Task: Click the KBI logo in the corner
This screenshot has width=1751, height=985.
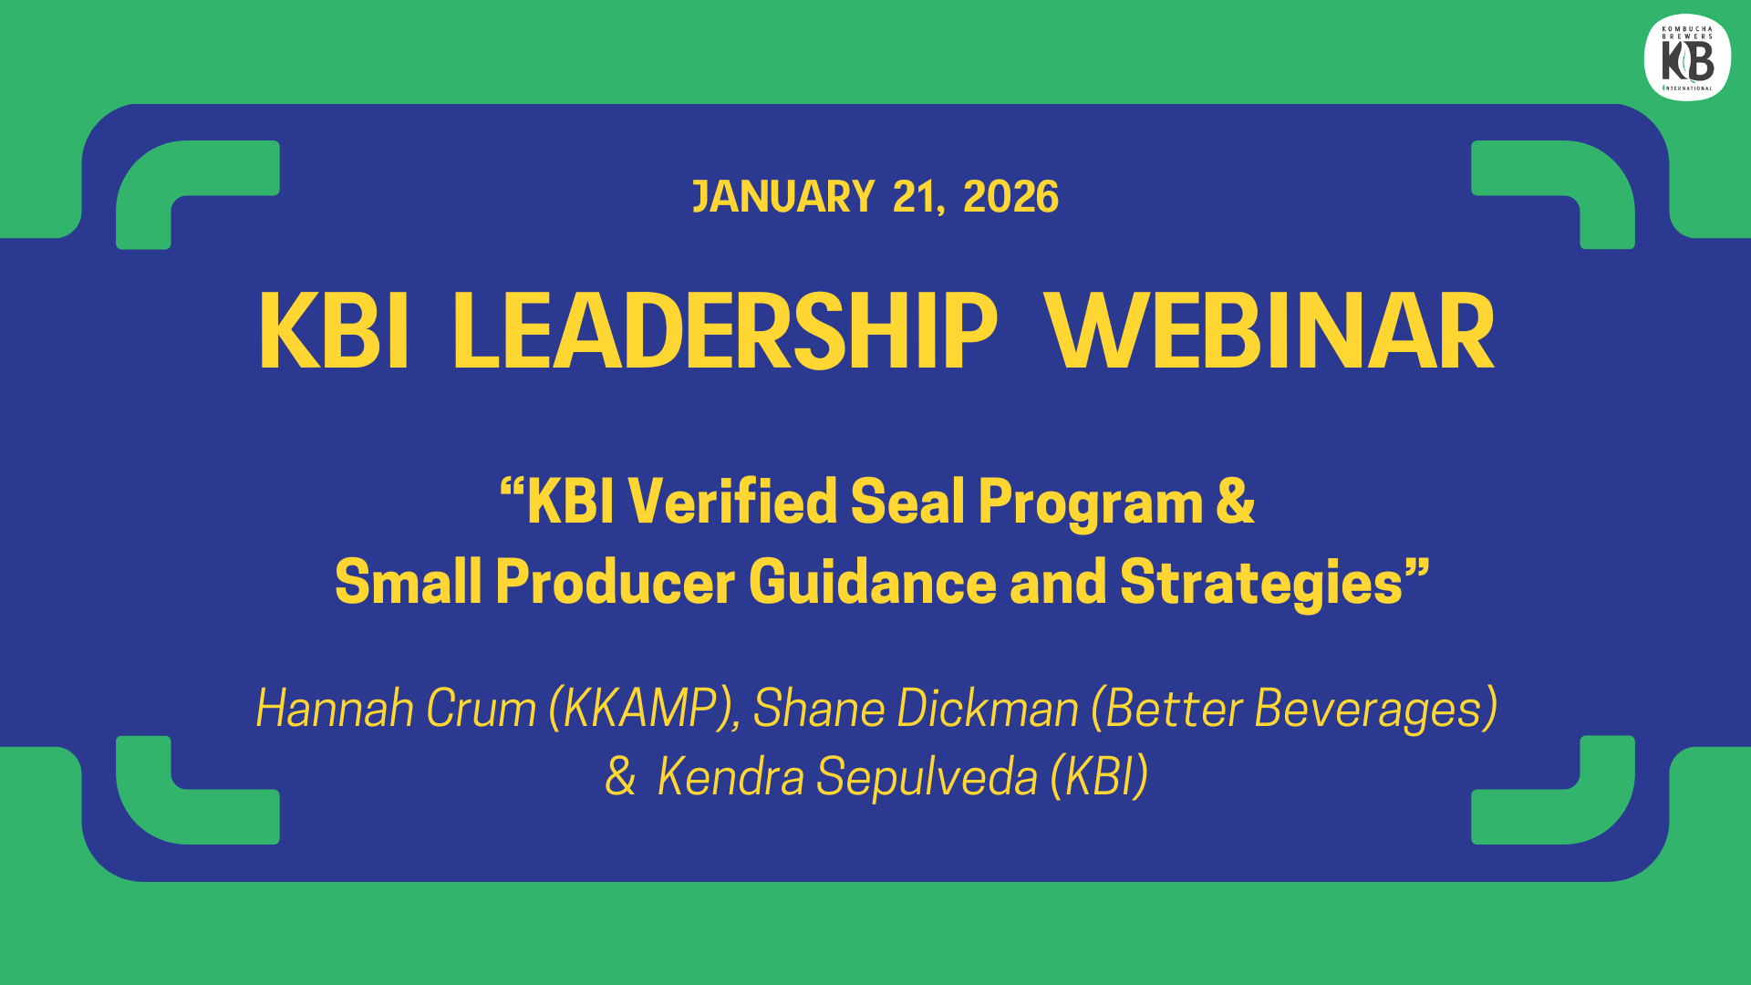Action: tap(1687, 57)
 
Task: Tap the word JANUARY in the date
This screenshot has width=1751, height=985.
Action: tap(783, 197)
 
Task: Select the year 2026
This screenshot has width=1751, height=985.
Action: tap(1010, 197)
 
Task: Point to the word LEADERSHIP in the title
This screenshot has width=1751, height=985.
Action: tap(725, 331)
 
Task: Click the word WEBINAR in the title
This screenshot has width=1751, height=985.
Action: tap(1269, 331)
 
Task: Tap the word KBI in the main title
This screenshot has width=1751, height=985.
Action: tap(334, 331)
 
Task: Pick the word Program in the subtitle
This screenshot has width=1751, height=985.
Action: tap(1091, 503)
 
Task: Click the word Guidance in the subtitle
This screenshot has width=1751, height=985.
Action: tap(873, 582)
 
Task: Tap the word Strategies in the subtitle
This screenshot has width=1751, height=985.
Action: tap(1260, 584)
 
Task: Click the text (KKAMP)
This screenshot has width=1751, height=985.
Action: tap(644, 710)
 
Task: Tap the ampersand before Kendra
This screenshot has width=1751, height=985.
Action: tap(620, 777)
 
